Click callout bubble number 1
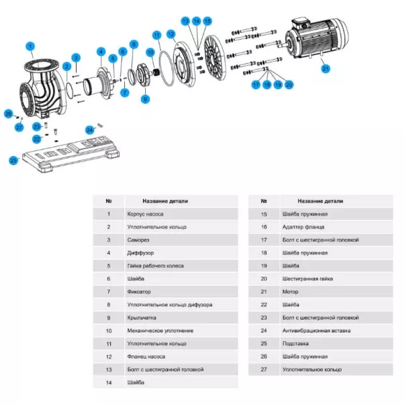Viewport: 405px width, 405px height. [30, 46]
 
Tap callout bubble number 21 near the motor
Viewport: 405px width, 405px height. [326, 68]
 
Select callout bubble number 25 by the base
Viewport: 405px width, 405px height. [13, 160]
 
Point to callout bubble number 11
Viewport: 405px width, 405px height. [156, 34]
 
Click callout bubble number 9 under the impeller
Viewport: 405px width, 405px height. [145, 99]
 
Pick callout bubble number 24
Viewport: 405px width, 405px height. [90, 129]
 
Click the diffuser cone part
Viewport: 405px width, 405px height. [100, 81]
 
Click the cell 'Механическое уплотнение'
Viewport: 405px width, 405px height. [150, 330]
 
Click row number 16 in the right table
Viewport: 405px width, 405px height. [264, 227]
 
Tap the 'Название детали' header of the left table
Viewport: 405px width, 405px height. [165, 201]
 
